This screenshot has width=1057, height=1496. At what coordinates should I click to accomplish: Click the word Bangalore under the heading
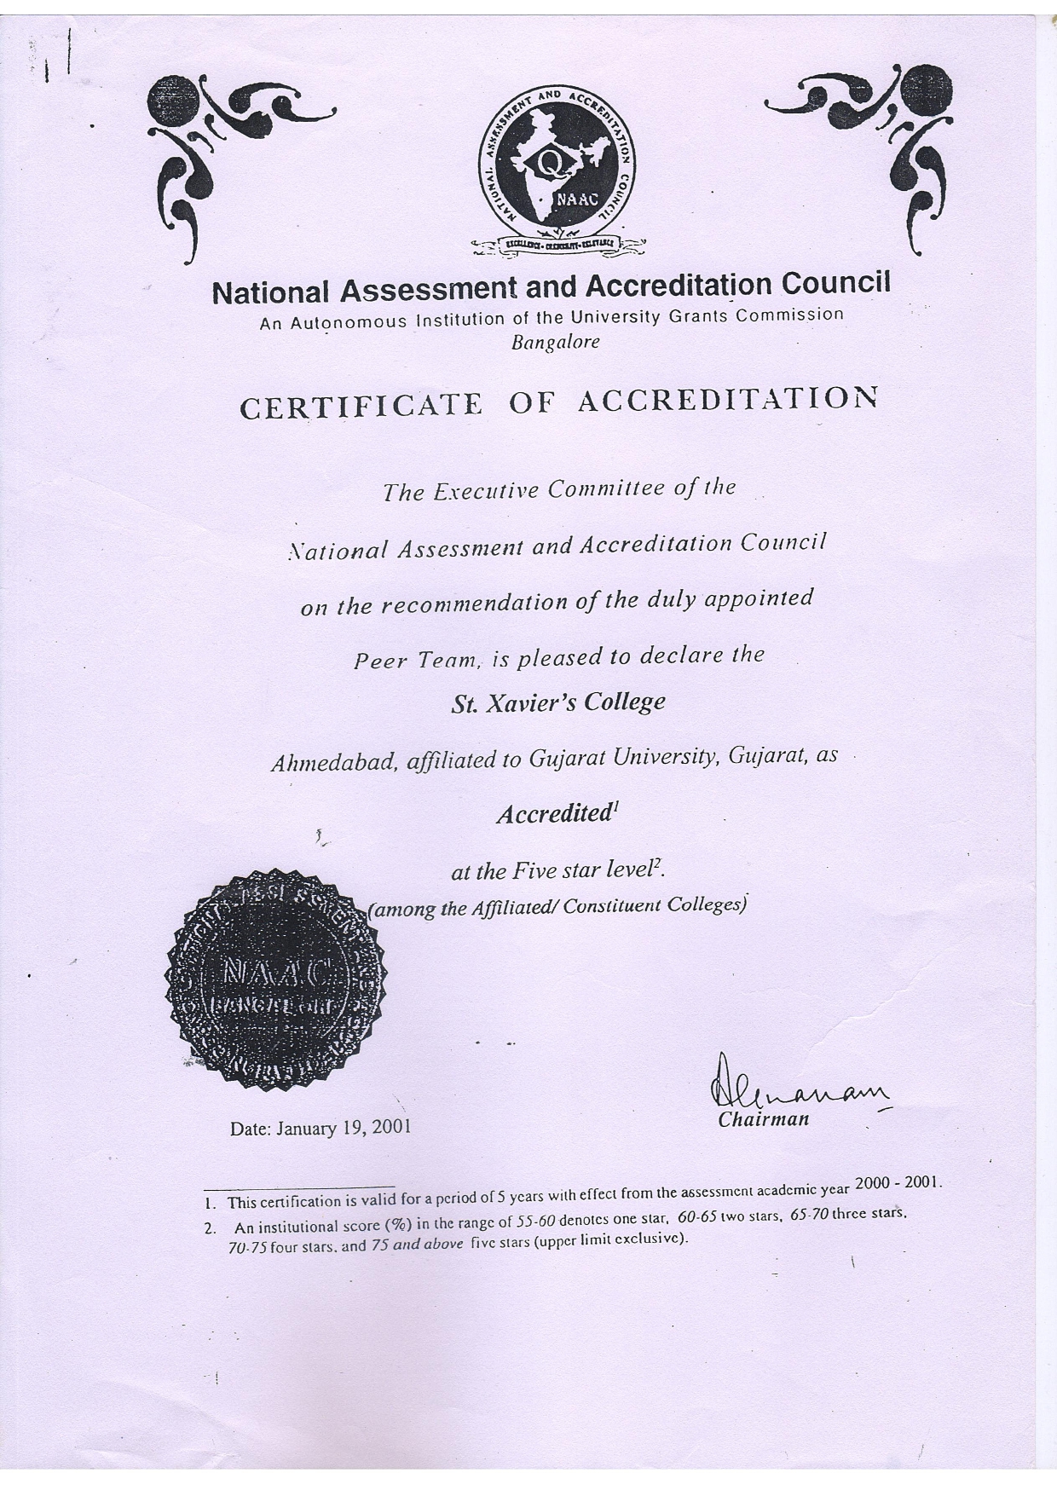555,343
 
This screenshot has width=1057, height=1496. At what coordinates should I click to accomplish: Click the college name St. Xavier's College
557,702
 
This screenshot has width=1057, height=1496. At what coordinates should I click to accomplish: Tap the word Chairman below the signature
763,1119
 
